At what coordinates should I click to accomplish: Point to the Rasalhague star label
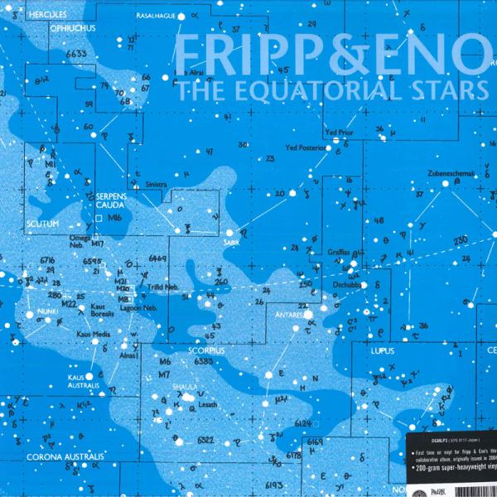pos(166,15)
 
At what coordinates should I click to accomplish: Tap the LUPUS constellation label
pos(379,351)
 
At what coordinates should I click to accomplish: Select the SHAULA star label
pos(184,386)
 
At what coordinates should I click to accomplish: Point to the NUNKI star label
pos(48,312)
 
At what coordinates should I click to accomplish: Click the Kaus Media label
pos(93,335)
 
